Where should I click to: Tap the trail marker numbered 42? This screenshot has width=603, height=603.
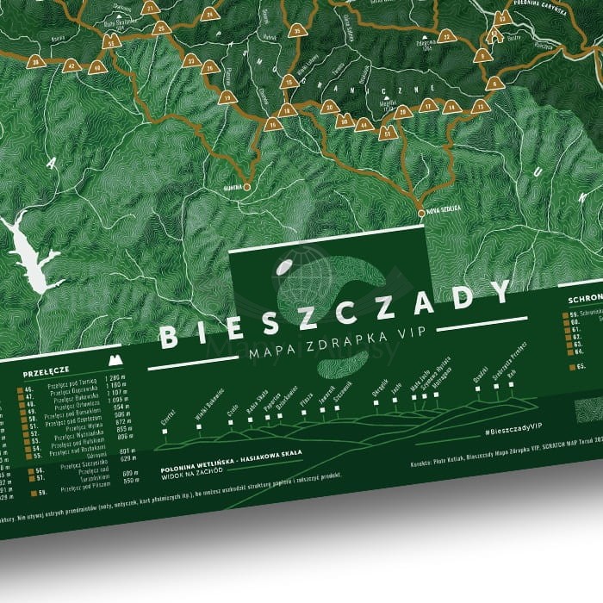coord(73,65)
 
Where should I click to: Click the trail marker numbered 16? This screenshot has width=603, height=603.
coord(273,124)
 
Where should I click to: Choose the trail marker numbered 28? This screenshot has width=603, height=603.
coord(401,111)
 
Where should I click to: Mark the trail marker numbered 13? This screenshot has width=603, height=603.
coord(481,105)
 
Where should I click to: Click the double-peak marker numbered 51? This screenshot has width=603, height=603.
coord(387,134)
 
